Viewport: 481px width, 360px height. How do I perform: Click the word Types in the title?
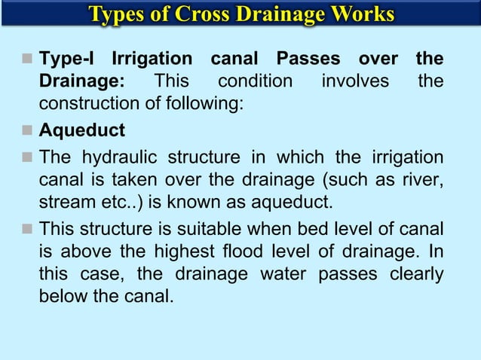[x=117, y=14]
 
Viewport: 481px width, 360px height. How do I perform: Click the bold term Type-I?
[x=69, y=59]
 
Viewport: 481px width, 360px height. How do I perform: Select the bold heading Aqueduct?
[x=82, y=130]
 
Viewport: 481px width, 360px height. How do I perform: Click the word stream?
[x=64, y=203]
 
